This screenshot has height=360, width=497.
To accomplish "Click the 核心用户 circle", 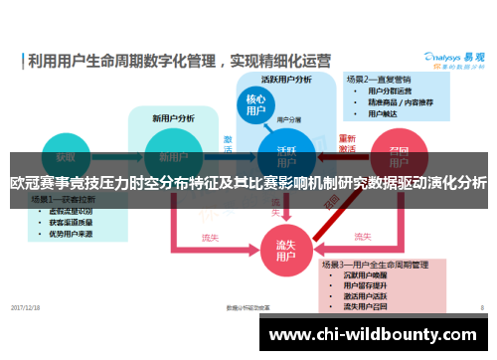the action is pyautogui.click(x=256, y=105).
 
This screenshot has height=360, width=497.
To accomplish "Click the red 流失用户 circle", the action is pyautogui.click(x=286, y=250).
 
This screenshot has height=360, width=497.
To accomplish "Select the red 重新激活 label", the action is pyautogui.click(x=347, y=142).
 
